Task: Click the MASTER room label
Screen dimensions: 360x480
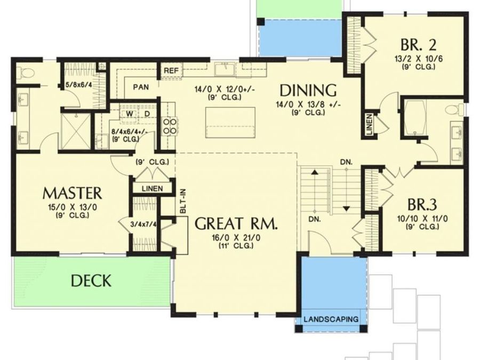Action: pos(72,192)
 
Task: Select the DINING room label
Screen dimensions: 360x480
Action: pos(308,89)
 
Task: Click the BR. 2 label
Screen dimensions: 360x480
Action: pos(415,44)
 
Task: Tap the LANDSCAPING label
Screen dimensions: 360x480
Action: pos(331,319)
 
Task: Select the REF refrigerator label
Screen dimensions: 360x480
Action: pos(171,70)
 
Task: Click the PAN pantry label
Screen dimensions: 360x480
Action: pos(141,86)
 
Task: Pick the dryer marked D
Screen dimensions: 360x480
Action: pos(146,113)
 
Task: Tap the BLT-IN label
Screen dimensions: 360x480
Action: pos(182,202)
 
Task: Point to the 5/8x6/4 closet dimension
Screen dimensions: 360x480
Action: pos(78,84)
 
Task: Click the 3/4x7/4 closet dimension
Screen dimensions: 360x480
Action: pos(143,224)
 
